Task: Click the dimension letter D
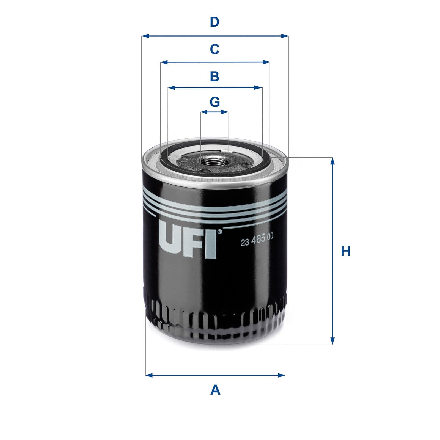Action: (x=215, y=22)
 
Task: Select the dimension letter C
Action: (x=215, y=49)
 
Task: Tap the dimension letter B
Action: (x=215, y=76)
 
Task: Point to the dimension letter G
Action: (x=215, y=102)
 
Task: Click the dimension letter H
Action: (x=346, y=251)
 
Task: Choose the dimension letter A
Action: (x=215, y=390)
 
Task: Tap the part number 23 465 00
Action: (x=257, y=242)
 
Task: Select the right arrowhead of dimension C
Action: (x=266, y=62)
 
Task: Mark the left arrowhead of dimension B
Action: (x=172, y=88)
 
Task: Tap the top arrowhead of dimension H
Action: (x=332, y=161)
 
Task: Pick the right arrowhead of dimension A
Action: (x=282, y=375)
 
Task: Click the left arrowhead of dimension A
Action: (x=149, y=375)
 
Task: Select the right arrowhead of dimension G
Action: (x=226, y=112)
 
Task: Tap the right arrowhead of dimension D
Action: (x=285, y=36)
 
